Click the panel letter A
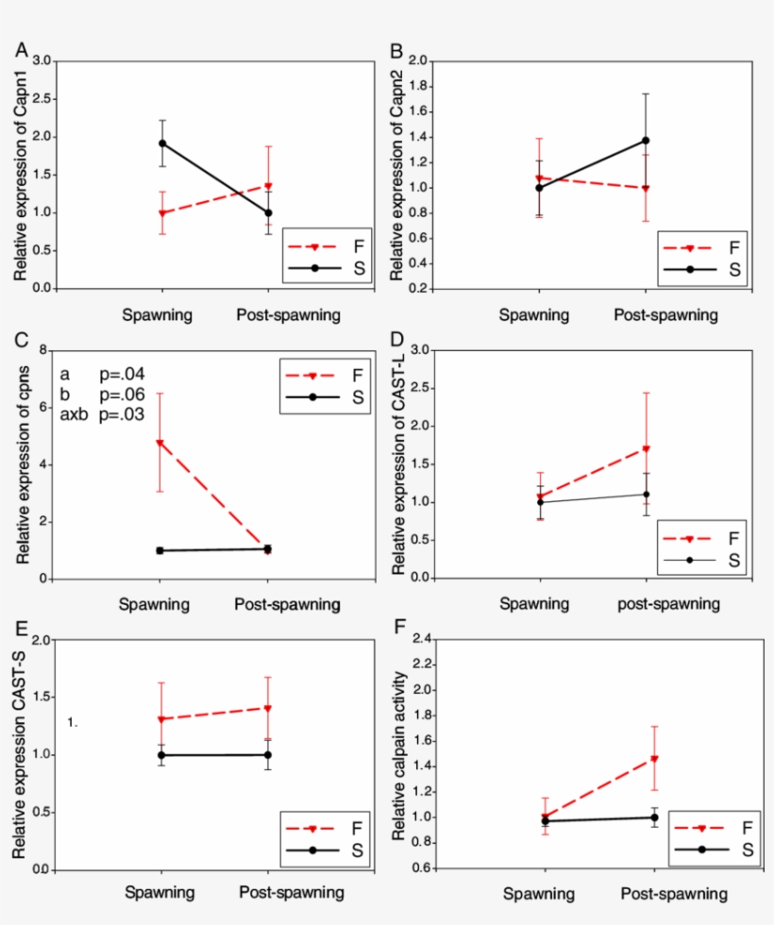pos(21,48)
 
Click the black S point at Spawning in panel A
pos(162,143)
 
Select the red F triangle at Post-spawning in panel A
pos(269,186)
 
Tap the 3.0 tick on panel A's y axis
pos(42,60)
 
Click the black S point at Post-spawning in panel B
pos(646,141)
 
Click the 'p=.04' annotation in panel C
pos(122,374)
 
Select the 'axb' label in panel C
pos(77,413)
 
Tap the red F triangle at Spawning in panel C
pos(162,443)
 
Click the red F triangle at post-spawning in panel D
pos(646,448)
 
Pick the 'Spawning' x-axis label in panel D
pos(534,603)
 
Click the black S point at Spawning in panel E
pos(162,755)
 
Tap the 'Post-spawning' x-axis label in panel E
pos(292,892)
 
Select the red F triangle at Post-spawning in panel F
pos(653,759)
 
